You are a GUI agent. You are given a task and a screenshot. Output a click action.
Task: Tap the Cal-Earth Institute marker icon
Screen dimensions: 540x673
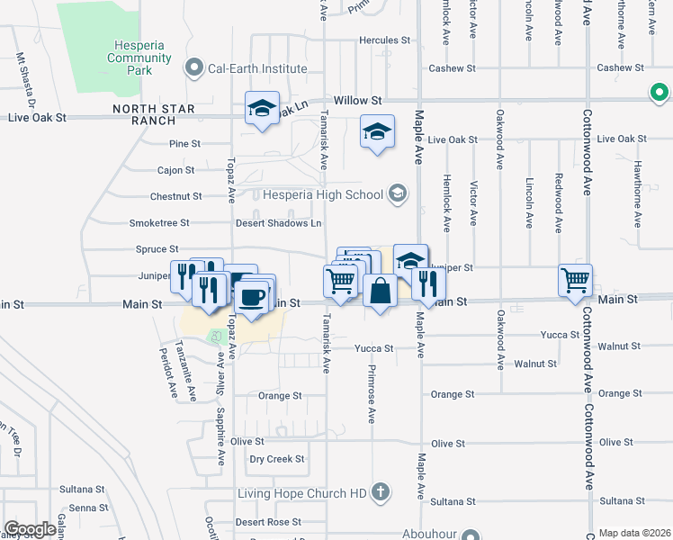coord(193,67)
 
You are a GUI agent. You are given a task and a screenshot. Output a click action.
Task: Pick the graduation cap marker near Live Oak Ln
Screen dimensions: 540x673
coord(262,108)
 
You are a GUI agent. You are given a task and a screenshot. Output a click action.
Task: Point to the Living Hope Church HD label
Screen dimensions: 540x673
coord(302,493)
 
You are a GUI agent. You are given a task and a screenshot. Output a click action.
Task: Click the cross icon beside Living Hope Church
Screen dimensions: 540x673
coord(381,492)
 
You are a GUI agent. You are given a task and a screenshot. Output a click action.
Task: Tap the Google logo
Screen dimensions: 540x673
coord(30,529)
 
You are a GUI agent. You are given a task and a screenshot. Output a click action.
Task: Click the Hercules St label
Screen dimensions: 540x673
coord(384,40)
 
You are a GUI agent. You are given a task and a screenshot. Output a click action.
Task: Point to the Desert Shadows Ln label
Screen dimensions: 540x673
coord(278,223)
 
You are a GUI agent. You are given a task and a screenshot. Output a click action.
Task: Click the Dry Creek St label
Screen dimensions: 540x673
coord(277,459)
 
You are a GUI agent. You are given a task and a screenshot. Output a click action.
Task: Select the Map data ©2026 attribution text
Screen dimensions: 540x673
coord(634,533)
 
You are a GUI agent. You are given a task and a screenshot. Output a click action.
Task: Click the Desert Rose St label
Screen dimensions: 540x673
coord(268,522)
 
